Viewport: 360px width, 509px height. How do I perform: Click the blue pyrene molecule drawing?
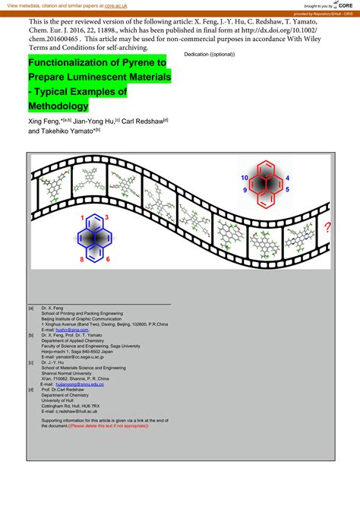click(x=98, y=238)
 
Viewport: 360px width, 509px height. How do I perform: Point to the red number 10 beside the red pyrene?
click(x=244, y=177)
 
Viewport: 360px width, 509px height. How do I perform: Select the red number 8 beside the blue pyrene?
click(x=82, y=260)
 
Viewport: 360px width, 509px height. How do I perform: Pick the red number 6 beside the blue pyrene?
click(x=108, y=260)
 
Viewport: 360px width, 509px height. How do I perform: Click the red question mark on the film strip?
click(x=327, y=227)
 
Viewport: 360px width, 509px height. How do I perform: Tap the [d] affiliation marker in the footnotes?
click(x=31, y=390)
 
